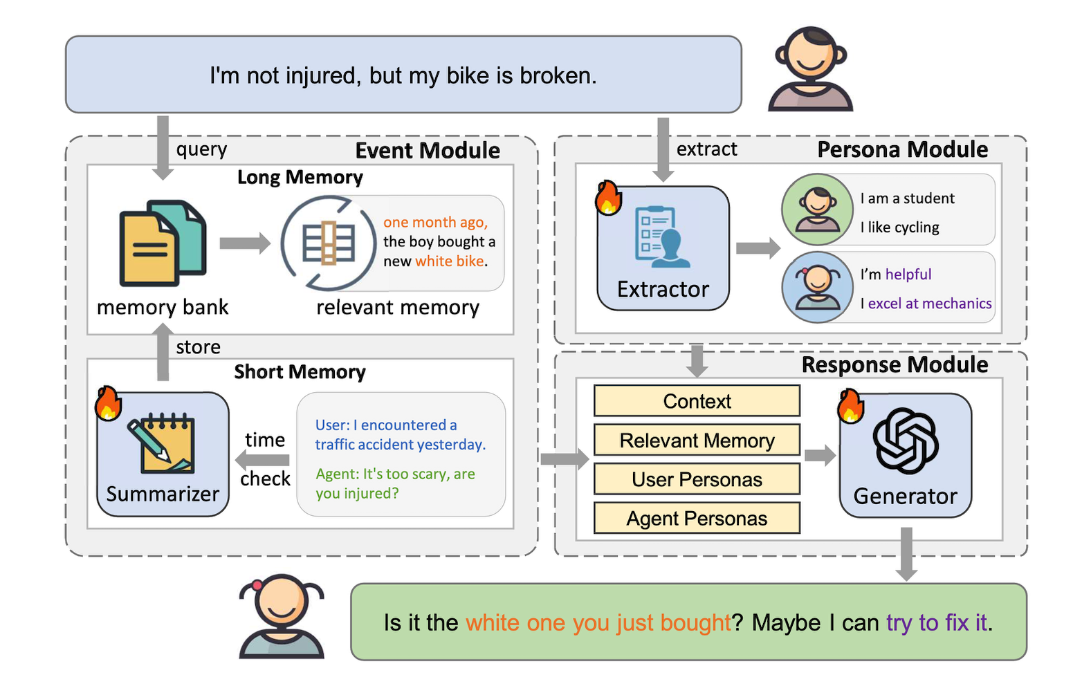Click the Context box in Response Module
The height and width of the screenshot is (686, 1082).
(697, 400)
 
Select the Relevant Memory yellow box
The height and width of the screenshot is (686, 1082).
(697, 440)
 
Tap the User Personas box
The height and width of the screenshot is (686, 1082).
(697, 479)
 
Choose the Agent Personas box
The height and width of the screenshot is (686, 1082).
(697, 518)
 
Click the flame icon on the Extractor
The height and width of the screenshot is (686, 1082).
(608, 198)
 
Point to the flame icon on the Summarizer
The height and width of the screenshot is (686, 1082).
(108, 404)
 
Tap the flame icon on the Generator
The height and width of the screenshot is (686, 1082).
(851, 406)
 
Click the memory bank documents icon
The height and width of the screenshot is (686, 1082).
(163, 243)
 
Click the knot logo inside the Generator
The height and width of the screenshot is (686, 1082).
(906, 442)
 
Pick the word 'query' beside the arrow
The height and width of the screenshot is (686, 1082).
(201, 149)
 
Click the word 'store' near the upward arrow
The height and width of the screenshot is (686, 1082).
(198, 347)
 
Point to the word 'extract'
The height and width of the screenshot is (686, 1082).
(706, 149)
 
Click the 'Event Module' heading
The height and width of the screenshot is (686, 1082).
(428, 150)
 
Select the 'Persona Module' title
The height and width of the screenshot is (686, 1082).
(902, 149)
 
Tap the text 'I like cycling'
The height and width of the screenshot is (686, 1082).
(899, 227)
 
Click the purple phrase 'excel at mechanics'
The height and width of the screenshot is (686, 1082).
(929, 303)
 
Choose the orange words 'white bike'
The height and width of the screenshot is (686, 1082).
(449, 261)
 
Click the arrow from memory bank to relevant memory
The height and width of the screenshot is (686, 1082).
(245, 243)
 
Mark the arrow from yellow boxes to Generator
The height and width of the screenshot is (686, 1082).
(820, 455)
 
